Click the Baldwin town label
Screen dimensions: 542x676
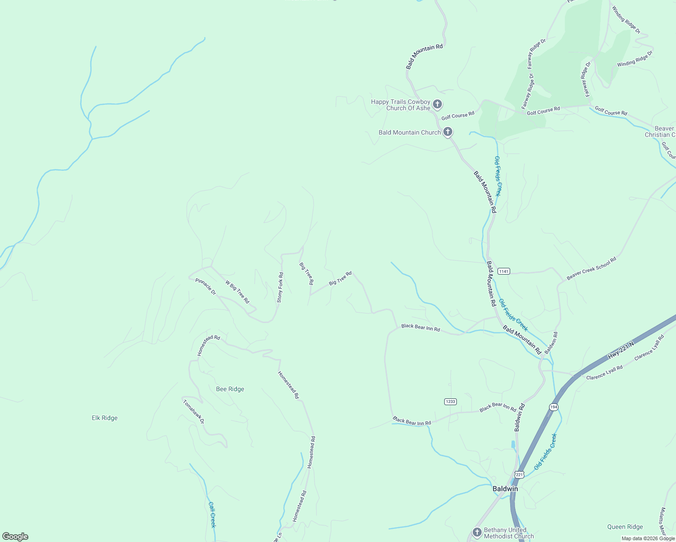(x=505, y=489)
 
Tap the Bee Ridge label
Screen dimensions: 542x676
(x=230, y=389)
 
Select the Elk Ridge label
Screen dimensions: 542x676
(x=104, y=418)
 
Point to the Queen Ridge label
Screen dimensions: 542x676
(x=625, y=527)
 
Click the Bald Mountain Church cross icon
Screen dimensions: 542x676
(x=448, y=132)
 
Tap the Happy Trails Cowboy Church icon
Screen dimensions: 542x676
(x=437, y=104)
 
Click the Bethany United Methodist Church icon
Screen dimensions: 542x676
(x=477, y=533)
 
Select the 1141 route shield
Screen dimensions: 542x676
(x=503, y=271)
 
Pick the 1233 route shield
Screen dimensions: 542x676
(x=451, y=402)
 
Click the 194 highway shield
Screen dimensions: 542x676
(x=554, y=407)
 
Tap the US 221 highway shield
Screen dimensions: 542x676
(x=519, y=475)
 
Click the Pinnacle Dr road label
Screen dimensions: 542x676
(x=206, y=286)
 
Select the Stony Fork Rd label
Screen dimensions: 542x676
(x=280, y=287)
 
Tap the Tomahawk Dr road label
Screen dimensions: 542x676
(x=194, y=411)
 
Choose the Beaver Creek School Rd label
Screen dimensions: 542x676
(x=591, y=269)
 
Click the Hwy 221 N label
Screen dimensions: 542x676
(x=621, y=350)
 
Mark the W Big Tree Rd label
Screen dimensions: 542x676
(x=237, y=292)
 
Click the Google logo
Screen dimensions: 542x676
(x=15, y=537)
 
